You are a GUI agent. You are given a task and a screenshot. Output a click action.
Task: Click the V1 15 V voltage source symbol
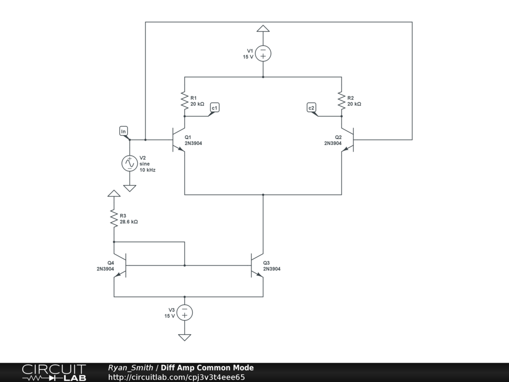pos(263,53)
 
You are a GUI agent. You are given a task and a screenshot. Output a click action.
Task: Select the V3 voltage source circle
pos(184,312)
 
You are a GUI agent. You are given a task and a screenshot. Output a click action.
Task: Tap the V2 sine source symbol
pos(130,163)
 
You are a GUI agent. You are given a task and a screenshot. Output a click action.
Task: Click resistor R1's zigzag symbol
pos(184,101)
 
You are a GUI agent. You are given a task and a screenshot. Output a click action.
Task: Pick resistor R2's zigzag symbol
pos(341,101)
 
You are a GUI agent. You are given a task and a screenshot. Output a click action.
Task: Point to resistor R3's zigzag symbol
pos(114,218)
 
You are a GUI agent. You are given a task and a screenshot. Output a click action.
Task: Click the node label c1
pos(215,107)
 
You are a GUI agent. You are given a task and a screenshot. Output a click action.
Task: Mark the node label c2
pos(311,107)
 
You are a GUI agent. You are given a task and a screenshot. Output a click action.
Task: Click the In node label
pos(124,131)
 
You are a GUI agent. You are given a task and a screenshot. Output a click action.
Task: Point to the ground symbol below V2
pos(130,189)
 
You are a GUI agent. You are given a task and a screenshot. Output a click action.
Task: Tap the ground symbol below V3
pos(184,337)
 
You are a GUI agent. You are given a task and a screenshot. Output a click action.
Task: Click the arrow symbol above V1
pos(263,28)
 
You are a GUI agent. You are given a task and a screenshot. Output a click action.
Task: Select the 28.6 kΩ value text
pos(129,222)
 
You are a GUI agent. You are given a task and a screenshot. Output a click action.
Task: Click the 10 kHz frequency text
pos(147,170)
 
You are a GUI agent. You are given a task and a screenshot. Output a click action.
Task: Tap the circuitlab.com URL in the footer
pos(176,377)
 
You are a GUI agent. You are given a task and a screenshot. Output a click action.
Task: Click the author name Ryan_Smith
pos(130,368)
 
